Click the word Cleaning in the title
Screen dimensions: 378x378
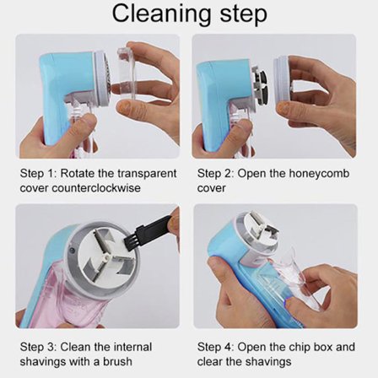click(162, 14)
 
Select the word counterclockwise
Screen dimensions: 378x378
click(96, 187)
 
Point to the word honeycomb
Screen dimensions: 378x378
click(319, 174)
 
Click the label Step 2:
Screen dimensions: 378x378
click(216, 174)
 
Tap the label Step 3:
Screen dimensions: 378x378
click(39, 348)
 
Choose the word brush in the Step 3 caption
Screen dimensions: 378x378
click(117, 361)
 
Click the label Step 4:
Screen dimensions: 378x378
click(216, 347)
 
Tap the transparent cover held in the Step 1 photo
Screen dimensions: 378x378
click(127, 73)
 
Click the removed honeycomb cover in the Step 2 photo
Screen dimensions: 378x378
click(283, 78)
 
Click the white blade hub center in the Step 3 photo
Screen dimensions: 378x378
click(107, 256)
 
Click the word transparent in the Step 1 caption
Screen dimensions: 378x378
click(147, 174)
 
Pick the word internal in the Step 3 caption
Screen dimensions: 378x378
click(132, 348)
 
